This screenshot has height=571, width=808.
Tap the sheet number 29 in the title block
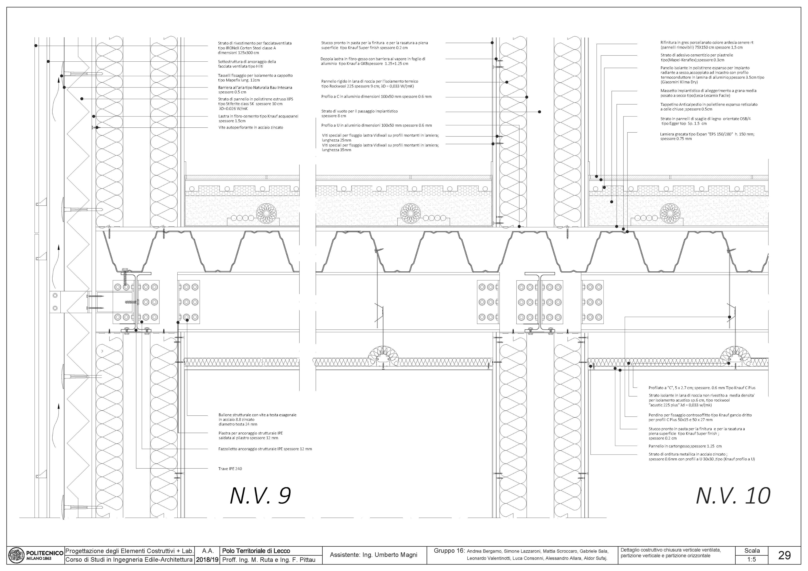(x=784, y=555)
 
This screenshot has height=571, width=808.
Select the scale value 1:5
(x=752, y=559)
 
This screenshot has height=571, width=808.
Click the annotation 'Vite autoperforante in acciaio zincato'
(x=251, y=127)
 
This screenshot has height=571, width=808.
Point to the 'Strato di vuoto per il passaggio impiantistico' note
(x=359, y=113)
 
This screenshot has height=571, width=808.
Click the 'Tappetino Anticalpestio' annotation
(x=709, y=107)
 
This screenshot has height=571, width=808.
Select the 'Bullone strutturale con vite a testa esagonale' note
(x=257, y=419)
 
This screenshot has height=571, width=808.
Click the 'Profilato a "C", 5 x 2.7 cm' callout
(x=702, y=388)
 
